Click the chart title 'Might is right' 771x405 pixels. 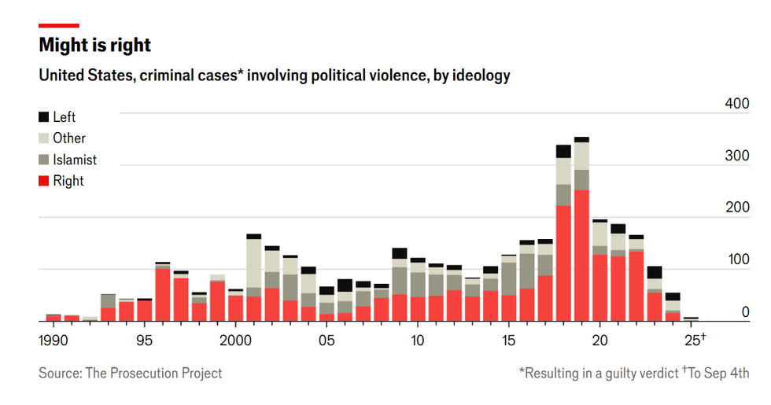(x=94, y=46)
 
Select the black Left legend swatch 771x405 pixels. (x=43, y=117)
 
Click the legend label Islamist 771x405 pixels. (x=75, y=160)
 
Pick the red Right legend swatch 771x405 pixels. (x=43, y=181)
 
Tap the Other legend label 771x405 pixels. (x=69, y=138)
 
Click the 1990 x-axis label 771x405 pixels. (x=53, y=341)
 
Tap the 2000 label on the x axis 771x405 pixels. (x=235, y=341)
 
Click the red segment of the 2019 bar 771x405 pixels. (x=581, y=256)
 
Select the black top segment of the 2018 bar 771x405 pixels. (x=563, y=151)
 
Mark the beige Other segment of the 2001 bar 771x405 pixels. (x=253, y=263)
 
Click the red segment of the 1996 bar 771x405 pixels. (x=163, y=295)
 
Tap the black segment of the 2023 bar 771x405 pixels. (x=655, y=272)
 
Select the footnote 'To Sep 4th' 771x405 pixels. (x=718, y=374)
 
